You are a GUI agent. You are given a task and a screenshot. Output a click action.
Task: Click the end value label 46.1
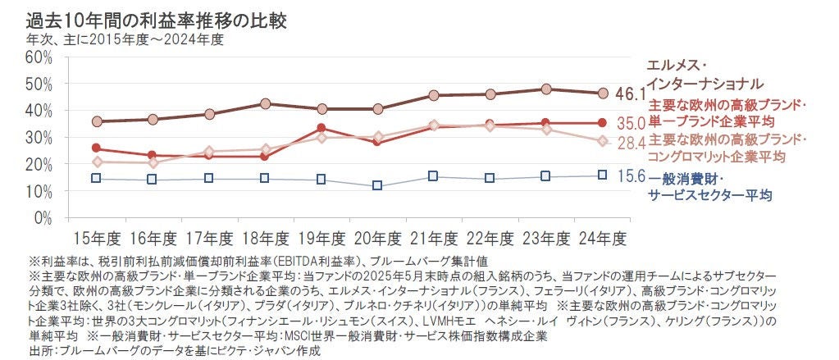tap(631, 94)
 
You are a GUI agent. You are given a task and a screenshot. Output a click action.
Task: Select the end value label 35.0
tap(631, 124)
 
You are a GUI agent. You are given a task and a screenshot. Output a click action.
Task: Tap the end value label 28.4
tap(631, 142)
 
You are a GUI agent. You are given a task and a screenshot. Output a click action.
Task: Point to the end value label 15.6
tap(631, 175)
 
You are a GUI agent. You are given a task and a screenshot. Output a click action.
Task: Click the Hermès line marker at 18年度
tap(265, 104)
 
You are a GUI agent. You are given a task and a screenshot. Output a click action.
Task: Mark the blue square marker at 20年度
tap(377, 186)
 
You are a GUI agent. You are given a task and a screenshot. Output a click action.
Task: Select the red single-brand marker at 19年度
tap(321, 128)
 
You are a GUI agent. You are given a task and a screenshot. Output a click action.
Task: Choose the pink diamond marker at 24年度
tap(602, 141)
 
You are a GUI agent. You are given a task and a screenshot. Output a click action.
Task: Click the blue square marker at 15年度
tap(97, 178)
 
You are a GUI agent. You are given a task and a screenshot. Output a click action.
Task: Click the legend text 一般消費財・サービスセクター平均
tap(709, 186)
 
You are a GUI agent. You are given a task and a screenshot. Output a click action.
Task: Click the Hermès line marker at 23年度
tap(545, 89)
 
